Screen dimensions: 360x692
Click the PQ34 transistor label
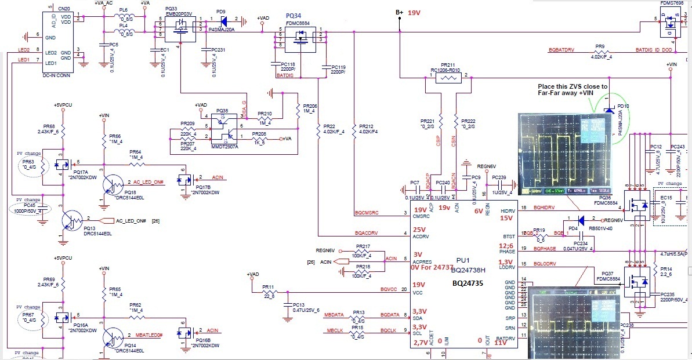(294, 16)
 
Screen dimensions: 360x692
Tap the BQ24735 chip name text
(473, 284)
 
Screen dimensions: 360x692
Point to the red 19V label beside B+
(415, 13)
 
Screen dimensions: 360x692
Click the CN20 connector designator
(64, 9)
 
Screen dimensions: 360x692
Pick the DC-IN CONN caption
(57, 75)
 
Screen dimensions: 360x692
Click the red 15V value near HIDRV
(506, 218)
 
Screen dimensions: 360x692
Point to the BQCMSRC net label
(366, 213)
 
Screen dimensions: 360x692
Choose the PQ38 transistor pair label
(222, 111)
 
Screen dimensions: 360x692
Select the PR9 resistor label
(600, 46)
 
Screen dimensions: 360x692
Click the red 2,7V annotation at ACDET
(421, 343)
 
